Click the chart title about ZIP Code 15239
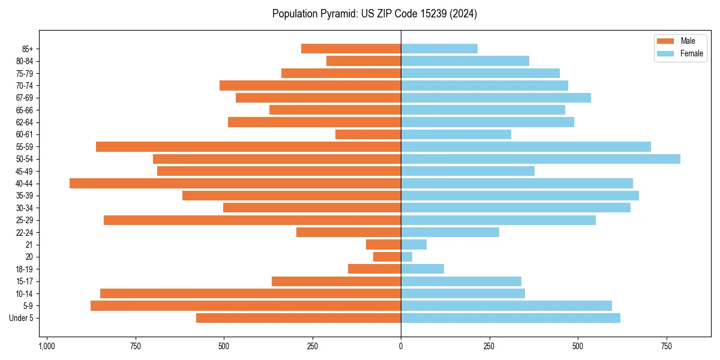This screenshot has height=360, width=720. [x=374, y=14]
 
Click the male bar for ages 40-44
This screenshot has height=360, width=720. [x=235, y=183]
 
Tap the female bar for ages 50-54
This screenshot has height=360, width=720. [x=540, y=159]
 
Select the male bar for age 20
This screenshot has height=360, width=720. [x=387, y=257]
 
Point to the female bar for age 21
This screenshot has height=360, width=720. [x=413, y=244]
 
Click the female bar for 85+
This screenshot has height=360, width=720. [x=439, y=49]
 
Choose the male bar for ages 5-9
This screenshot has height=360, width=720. [x=245, y=306]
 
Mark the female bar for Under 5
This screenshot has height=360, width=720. [x=510, y=318]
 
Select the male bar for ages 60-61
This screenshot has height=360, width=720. [x=368, y=134]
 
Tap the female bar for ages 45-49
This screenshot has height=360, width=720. [x=467, y=171]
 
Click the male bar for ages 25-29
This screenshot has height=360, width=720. [x=252, y=220]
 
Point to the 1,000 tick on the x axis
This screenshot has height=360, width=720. [x=47, y=346]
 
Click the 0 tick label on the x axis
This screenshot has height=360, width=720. [x=401, y=346]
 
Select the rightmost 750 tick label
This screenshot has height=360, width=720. [x=666, y=346]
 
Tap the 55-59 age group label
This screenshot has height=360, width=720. [x=25, y=146]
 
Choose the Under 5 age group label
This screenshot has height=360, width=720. [x=22, y=318]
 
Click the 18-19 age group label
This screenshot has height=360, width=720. [x=25, y=269]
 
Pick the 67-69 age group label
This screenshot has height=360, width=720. [x=25, y=98]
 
